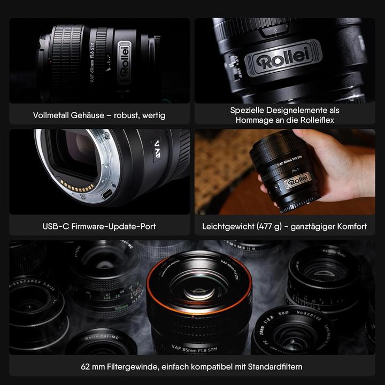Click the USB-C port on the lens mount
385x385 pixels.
point(107,193)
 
